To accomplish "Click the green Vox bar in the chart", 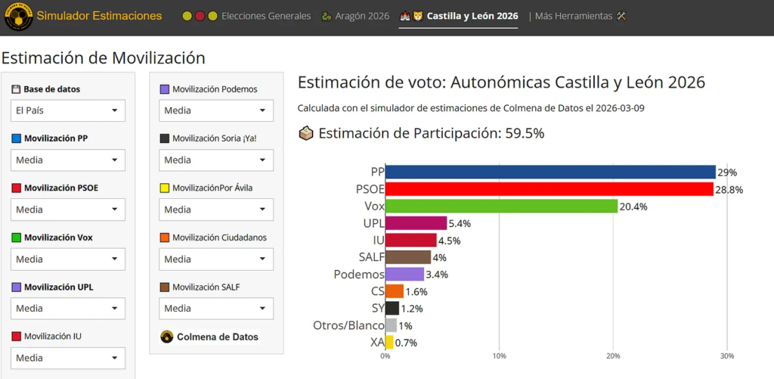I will coord(501,206).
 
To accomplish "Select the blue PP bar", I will coord(550,172).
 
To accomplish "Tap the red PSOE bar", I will coord(550,189).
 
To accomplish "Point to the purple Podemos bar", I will coord(404,274).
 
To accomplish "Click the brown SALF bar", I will coord(408,257).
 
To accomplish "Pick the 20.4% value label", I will coord(633,207).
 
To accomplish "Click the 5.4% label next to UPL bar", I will coord(460,224).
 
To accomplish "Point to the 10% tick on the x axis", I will coord(499,356).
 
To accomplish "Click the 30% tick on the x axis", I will coord(726,356).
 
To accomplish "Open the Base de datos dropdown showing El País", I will coord(68,110).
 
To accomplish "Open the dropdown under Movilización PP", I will coord(68,160).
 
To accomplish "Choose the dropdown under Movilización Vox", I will coord(68,259).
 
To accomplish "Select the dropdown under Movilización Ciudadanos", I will coord(216,259).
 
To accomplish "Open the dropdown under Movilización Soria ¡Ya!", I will coord(216,160).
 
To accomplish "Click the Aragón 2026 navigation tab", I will coord(355,16).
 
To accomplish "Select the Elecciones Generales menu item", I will coord(265,16).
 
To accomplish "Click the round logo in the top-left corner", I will coord(18,17).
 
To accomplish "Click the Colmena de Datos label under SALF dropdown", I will coord(216,337).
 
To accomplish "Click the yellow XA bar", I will coord(389,342).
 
